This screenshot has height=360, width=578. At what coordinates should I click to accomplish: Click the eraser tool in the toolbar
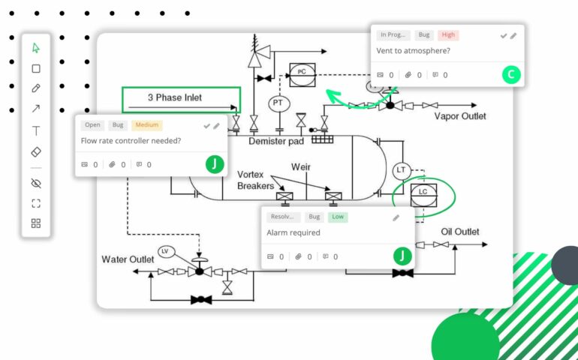(x=36, y=151)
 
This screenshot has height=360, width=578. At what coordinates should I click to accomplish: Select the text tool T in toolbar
(x=36, y=130)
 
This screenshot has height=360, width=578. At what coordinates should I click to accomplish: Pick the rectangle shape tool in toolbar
(x=36, y=68)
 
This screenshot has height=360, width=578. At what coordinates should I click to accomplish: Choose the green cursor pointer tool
(x=36, y=48)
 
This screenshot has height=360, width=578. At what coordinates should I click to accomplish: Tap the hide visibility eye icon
(x=36, y=183)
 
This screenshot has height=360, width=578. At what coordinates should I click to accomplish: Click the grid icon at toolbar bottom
(x=36, y=223)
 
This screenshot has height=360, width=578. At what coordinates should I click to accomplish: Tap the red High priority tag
(x=448, y=35)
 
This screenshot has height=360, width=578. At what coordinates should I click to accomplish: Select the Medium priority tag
(x=146, y=125)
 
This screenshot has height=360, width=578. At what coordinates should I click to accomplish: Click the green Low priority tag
(x=338, y=217)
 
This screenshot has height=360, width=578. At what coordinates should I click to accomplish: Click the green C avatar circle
(x=510, y=74)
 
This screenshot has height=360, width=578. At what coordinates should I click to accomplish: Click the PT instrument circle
(x=277, y=102)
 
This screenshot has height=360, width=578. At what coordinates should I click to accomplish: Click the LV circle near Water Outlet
(x=165, y=251)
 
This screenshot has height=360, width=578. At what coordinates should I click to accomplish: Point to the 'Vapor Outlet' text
(x=459, y=116)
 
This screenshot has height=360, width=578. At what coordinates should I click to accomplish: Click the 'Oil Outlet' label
(x=459, y=232)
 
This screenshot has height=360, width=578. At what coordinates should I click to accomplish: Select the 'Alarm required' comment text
(x=294, y=233)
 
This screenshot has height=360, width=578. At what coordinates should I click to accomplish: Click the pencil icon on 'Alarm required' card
(x=396, y=217)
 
